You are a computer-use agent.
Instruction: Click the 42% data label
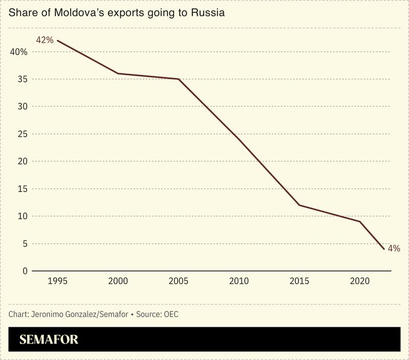click(45, 39)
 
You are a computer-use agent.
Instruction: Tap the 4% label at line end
click(394, 248)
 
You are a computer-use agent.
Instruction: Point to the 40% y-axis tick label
click(18, 52)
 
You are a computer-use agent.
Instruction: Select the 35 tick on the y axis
click(22, 79)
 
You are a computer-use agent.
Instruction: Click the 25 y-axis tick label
click(22, 134)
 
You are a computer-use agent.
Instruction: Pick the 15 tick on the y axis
click(22, 188)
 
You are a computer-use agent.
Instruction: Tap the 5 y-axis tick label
click(24, 243)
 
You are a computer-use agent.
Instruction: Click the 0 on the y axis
click(24, 270)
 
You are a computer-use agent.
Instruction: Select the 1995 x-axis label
click(57, 281)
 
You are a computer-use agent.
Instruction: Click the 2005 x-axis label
click(178, 281)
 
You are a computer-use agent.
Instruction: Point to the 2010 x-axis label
click(239, 281)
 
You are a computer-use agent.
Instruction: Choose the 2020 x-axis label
click(360, 281)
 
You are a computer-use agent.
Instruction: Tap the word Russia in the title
click(208, 12)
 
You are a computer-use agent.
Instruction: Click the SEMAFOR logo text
click(49, 340)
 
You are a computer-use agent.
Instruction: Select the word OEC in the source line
click(170, 314)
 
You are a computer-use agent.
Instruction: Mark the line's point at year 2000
click(118, 74)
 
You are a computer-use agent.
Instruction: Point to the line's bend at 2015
click(299, 205)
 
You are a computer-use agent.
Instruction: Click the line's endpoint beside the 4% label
click(384, 249)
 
